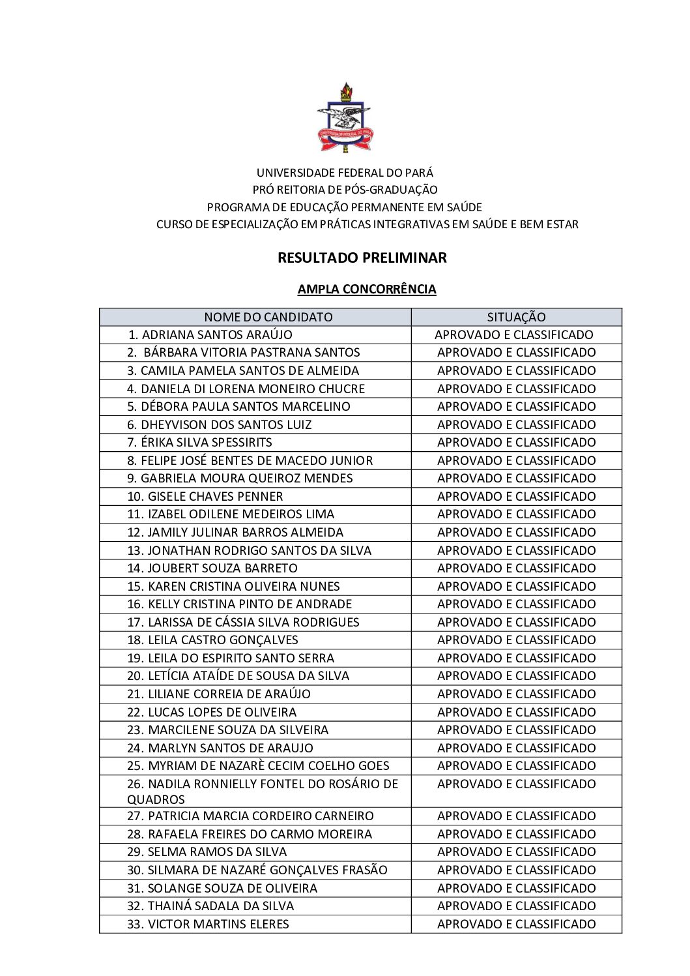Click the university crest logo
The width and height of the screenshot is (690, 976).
point(345,117)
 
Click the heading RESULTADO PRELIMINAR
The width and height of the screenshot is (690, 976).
point(362,258)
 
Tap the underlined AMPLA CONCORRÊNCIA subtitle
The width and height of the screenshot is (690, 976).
point(367,289)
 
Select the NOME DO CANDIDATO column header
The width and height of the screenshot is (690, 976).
point(268,317)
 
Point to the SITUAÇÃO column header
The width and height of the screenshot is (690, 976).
point(516,317)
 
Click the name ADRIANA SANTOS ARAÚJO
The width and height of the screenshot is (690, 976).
point(216,334)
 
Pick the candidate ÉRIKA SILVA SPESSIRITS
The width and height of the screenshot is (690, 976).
point(206,442)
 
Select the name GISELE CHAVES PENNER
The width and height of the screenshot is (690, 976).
point(215,496)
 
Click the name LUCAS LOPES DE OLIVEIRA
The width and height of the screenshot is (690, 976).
point(222,712)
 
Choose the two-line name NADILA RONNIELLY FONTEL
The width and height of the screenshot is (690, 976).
point(262,791)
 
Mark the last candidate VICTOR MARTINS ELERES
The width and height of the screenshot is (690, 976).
point(218,924)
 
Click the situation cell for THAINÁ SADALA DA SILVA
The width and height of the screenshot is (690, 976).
point(516,906)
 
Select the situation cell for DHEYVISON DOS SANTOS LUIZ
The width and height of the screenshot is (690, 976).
point(516,424)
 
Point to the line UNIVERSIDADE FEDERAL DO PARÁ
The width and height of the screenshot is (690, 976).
point(345,173)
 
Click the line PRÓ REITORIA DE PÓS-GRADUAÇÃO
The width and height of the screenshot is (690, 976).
point(345,190)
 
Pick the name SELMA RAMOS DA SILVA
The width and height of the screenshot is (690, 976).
point(217,851)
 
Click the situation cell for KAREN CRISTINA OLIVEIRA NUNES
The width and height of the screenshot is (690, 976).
point(516,586)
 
